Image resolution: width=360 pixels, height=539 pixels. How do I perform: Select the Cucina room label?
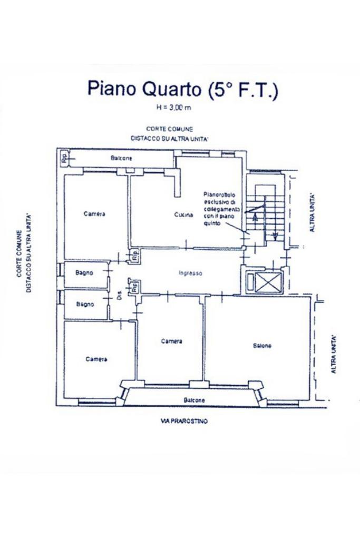point(184,215)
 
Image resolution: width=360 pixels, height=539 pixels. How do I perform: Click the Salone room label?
point(262,346)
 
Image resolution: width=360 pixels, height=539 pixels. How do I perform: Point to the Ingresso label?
point(190,273)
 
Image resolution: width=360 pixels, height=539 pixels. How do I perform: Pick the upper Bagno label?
point(84,273)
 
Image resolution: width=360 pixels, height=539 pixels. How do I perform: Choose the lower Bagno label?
point(84,304)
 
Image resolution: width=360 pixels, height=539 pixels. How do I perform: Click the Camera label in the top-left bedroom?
point(94,214)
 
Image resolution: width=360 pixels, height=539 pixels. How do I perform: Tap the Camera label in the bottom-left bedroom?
point(96,359)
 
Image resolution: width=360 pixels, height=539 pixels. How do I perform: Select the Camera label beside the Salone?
point(172,341)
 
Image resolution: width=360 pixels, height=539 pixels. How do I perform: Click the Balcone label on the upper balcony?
point(121,158)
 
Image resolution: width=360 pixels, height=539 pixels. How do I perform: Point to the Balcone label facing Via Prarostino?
point(194,400)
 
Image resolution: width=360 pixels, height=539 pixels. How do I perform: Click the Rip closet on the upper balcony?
point(64,158)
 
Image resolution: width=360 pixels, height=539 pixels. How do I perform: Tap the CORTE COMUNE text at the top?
point(169,129)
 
